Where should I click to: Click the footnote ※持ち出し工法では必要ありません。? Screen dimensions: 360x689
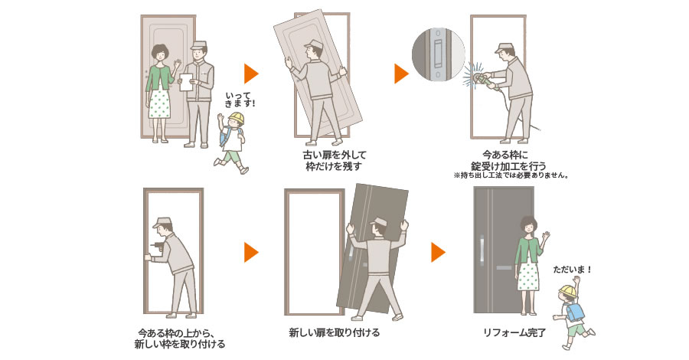(508, 175)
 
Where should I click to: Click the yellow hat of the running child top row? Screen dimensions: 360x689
(234, 118)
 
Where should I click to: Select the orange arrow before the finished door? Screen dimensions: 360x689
(438, 252)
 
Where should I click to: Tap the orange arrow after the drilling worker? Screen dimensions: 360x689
(251, 252)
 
